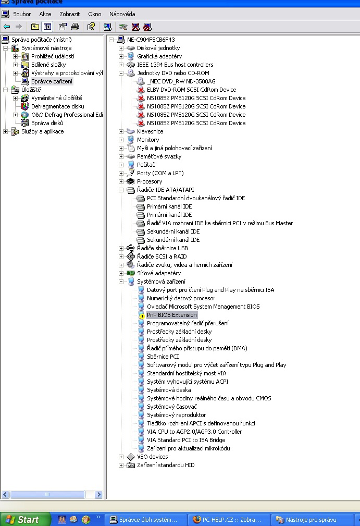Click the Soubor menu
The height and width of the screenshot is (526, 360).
pos(21,14)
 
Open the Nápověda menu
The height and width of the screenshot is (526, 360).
pos(122,14)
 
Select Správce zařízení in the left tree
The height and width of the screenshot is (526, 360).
pos(52,81)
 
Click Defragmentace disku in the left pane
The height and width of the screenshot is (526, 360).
pos(57,106)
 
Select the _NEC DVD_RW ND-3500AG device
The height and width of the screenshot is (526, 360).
pos(181,81)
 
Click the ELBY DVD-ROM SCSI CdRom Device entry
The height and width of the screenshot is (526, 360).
pos(191,90)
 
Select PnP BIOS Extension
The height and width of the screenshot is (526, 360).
pos(171,315)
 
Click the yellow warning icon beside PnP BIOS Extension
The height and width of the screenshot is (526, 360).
pos(141,315)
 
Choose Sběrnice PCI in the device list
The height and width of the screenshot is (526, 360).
pos(163,357)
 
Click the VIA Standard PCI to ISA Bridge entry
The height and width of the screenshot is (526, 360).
pos(186,440)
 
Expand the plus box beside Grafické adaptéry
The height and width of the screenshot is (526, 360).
pos(121,56)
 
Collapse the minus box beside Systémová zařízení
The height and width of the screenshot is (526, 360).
pos(121,282)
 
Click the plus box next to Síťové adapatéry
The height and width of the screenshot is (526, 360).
pos(121,273)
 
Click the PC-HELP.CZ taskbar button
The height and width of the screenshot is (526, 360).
pos(229,519)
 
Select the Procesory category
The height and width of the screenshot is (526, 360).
pos(150,181)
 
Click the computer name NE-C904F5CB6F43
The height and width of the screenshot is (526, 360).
pos(151,40)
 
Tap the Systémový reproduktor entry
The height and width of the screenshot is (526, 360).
pos(176,415)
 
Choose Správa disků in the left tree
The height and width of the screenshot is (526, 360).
pos(47,123)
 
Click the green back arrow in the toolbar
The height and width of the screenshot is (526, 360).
pos(7,27)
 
